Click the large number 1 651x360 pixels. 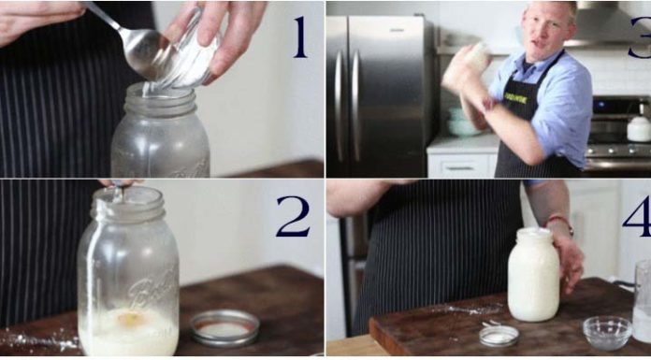point(298,36)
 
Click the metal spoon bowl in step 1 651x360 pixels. point(151,53)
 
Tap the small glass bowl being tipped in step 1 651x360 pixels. point(192,51)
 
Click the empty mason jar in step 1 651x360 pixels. point(160,136)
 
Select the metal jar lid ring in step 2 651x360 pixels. point(224,327)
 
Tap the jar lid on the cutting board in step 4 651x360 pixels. point(499,336)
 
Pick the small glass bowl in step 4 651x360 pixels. point(606,332)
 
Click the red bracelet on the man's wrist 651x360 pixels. point(560,221)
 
